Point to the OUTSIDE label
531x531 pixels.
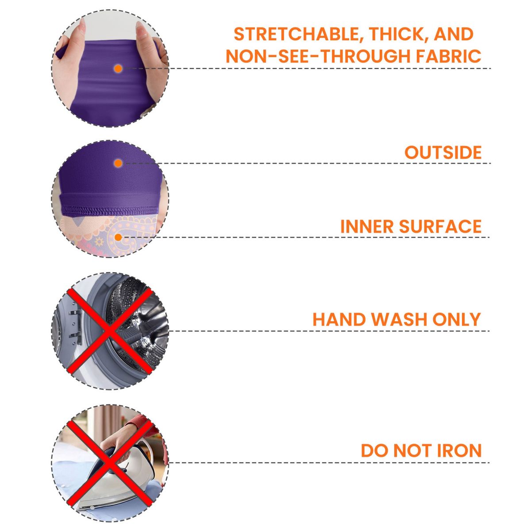point(443,152)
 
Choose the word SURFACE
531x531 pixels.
point(440,227)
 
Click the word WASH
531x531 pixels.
point(399,319)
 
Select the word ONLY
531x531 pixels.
point(457,319)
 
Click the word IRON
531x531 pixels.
point(459,450)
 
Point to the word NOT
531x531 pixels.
point(412,450)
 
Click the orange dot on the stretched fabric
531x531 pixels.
point(118,69)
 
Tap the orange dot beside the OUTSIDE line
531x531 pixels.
point(118,163)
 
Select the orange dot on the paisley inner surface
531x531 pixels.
point(118,237)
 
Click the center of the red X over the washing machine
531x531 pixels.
point(110,331)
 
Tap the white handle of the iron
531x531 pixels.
point(144,448)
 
